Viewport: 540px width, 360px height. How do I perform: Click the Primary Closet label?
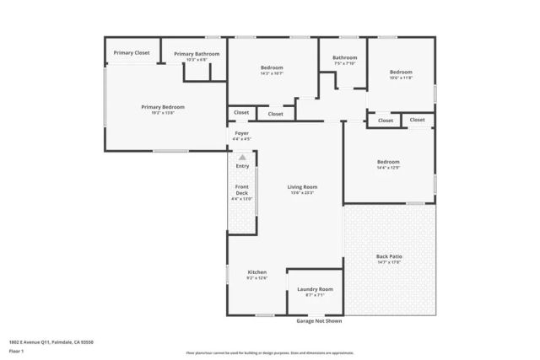(x=132, y=53)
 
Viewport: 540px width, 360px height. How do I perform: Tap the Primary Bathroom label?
(x=197, y=54)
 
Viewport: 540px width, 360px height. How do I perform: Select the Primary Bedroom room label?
(x=162, y=107)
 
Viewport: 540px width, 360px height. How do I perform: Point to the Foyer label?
(x=241, y=133)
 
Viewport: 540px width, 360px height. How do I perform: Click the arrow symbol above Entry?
(x=242, y=157)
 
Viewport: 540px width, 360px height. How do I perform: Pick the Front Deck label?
(x=241, y=190)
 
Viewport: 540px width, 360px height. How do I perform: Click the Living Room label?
(x=301, y=187)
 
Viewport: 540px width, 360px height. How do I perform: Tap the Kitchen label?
(x=256, y=272)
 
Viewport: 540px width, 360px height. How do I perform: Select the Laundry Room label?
(x=315, y=289)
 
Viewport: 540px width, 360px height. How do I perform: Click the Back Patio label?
(x=388, y=256)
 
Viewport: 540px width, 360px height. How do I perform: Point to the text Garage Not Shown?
(x=319, y=321)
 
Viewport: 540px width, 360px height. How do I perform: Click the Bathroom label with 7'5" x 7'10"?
(x=344, y=58)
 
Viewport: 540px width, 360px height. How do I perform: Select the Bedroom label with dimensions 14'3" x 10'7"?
(x=271, y=67)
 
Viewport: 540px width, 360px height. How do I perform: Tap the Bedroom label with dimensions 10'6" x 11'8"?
(x=400, y=73)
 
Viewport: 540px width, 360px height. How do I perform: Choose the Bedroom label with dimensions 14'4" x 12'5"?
(x=388, y=162)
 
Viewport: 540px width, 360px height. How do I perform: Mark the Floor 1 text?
(x=15, y=351)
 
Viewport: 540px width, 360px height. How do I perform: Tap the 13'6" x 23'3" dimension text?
(x=301, y=193)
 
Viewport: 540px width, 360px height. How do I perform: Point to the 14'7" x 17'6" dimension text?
(x=388, y=262)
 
